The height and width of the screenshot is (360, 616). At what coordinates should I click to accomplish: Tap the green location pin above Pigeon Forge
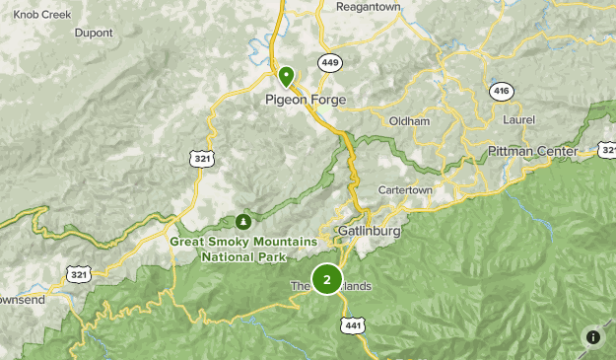point(287,75)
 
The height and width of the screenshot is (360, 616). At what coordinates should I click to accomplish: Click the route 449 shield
point(329,62)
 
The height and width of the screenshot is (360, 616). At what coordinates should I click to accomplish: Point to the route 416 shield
point(502,91)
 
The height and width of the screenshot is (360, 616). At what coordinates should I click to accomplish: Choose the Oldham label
point(409,121)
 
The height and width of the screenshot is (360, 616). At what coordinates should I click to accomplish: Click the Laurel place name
point(517,119)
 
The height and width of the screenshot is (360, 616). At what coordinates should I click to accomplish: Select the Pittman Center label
point(532,151)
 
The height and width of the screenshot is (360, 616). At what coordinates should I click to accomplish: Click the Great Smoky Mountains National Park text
point(243,249)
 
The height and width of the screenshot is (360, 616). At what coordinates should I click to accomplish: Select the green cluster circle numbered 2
point(327,279)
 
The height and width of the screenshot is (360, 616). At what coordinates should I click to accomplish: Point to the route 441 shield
point(354,325)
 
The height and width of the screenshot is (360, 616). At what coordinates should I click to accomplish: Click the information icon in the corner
point(593,336)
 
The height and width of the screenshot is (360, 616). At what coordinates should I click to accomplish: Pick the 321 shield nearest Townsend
point(78,272)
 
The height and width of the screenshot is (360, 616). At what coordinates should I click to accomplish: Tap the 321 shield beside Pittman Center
point(607,150)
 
